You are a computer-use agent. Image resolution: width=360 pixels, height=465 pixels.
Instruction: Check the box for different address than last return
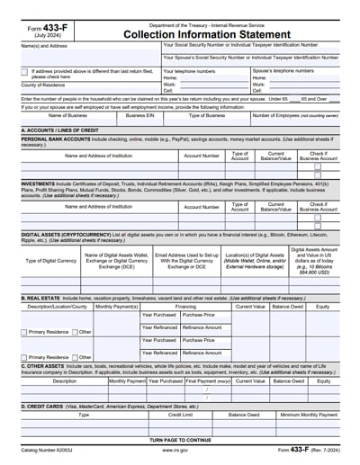[24, 71]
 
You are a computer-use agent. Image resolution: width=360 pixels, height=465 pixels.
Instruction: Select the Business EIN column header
[139, 116]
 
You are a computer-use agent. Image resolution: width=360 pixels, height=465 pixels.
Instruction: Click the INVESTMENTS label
[39, 184]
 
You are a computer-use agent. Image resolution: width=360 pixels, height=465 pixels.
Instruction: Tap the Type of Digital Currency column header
[50, 261]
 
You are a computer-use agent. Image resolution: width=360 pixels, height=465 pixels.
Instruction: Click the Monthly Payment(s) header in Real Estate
[116, 306]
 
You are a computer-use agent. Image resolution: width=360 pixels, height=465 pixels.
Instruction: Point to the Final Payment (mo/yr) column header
[208, 381]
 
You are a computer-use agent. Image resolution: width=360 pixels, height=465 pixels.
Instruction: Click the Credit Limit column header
[181, 415]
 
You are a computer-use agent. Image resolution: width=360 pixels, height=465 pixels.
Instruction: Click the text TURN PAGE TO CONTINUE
[181, 439]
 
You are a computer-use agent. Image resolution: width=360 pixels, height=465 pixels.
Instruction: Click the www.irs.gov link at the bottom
[181, 449]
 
